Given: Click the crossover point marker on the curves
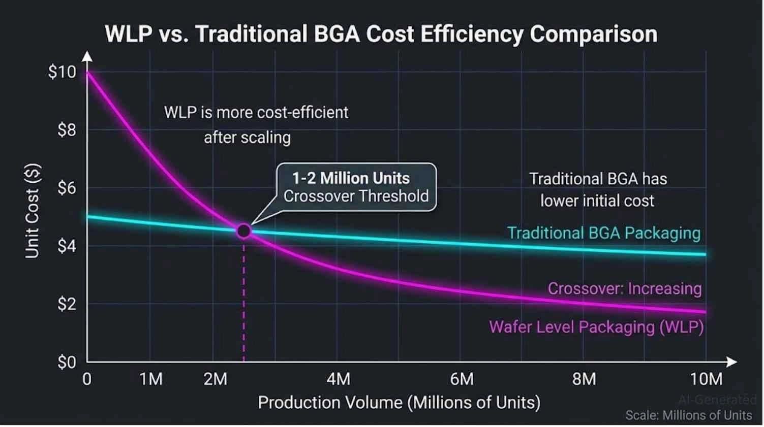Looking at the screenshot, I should coord(244,231).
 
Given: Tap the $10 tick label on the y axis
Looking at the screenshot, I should coord(62,72).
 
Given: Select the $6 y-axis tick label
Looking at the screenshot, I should coord(67,188).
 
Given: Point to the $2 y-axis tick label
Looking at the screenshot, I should coord(67,304).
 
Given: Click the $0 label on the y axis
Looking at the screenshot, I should coord(67,362).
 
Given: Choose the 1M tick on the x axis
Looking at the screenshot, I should coord(151,379).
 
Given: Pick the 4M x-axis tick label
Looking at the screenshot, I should coord(338,379).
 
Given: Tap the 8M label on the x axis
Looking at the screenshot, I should coord(584,379).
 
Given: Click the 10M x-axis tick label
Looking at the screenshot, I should coord(706,379).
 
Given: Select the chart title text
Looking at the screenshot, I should coord(381,34).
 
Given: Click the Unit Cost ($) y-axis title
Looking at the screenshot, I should coord(33,211).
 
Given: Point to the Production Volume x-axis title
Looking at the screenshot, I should coord(399,403).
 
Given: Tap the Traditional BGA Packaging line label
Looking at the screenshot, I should coord(604,233).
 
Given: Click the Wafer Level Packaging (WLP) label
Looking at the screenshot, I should coord(596,327).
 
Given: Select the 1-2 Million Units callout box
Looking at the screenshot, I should coord(356,187).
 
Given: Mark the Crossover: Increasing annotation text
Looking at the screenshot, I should coord(625,289).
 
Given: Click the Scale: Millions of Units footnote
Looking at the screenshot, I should coord(688,415).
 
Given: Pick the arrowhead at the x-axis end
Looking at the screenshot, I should coord(732,362).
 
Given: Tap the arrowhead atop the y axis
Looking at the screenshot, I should coord(87,56).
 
